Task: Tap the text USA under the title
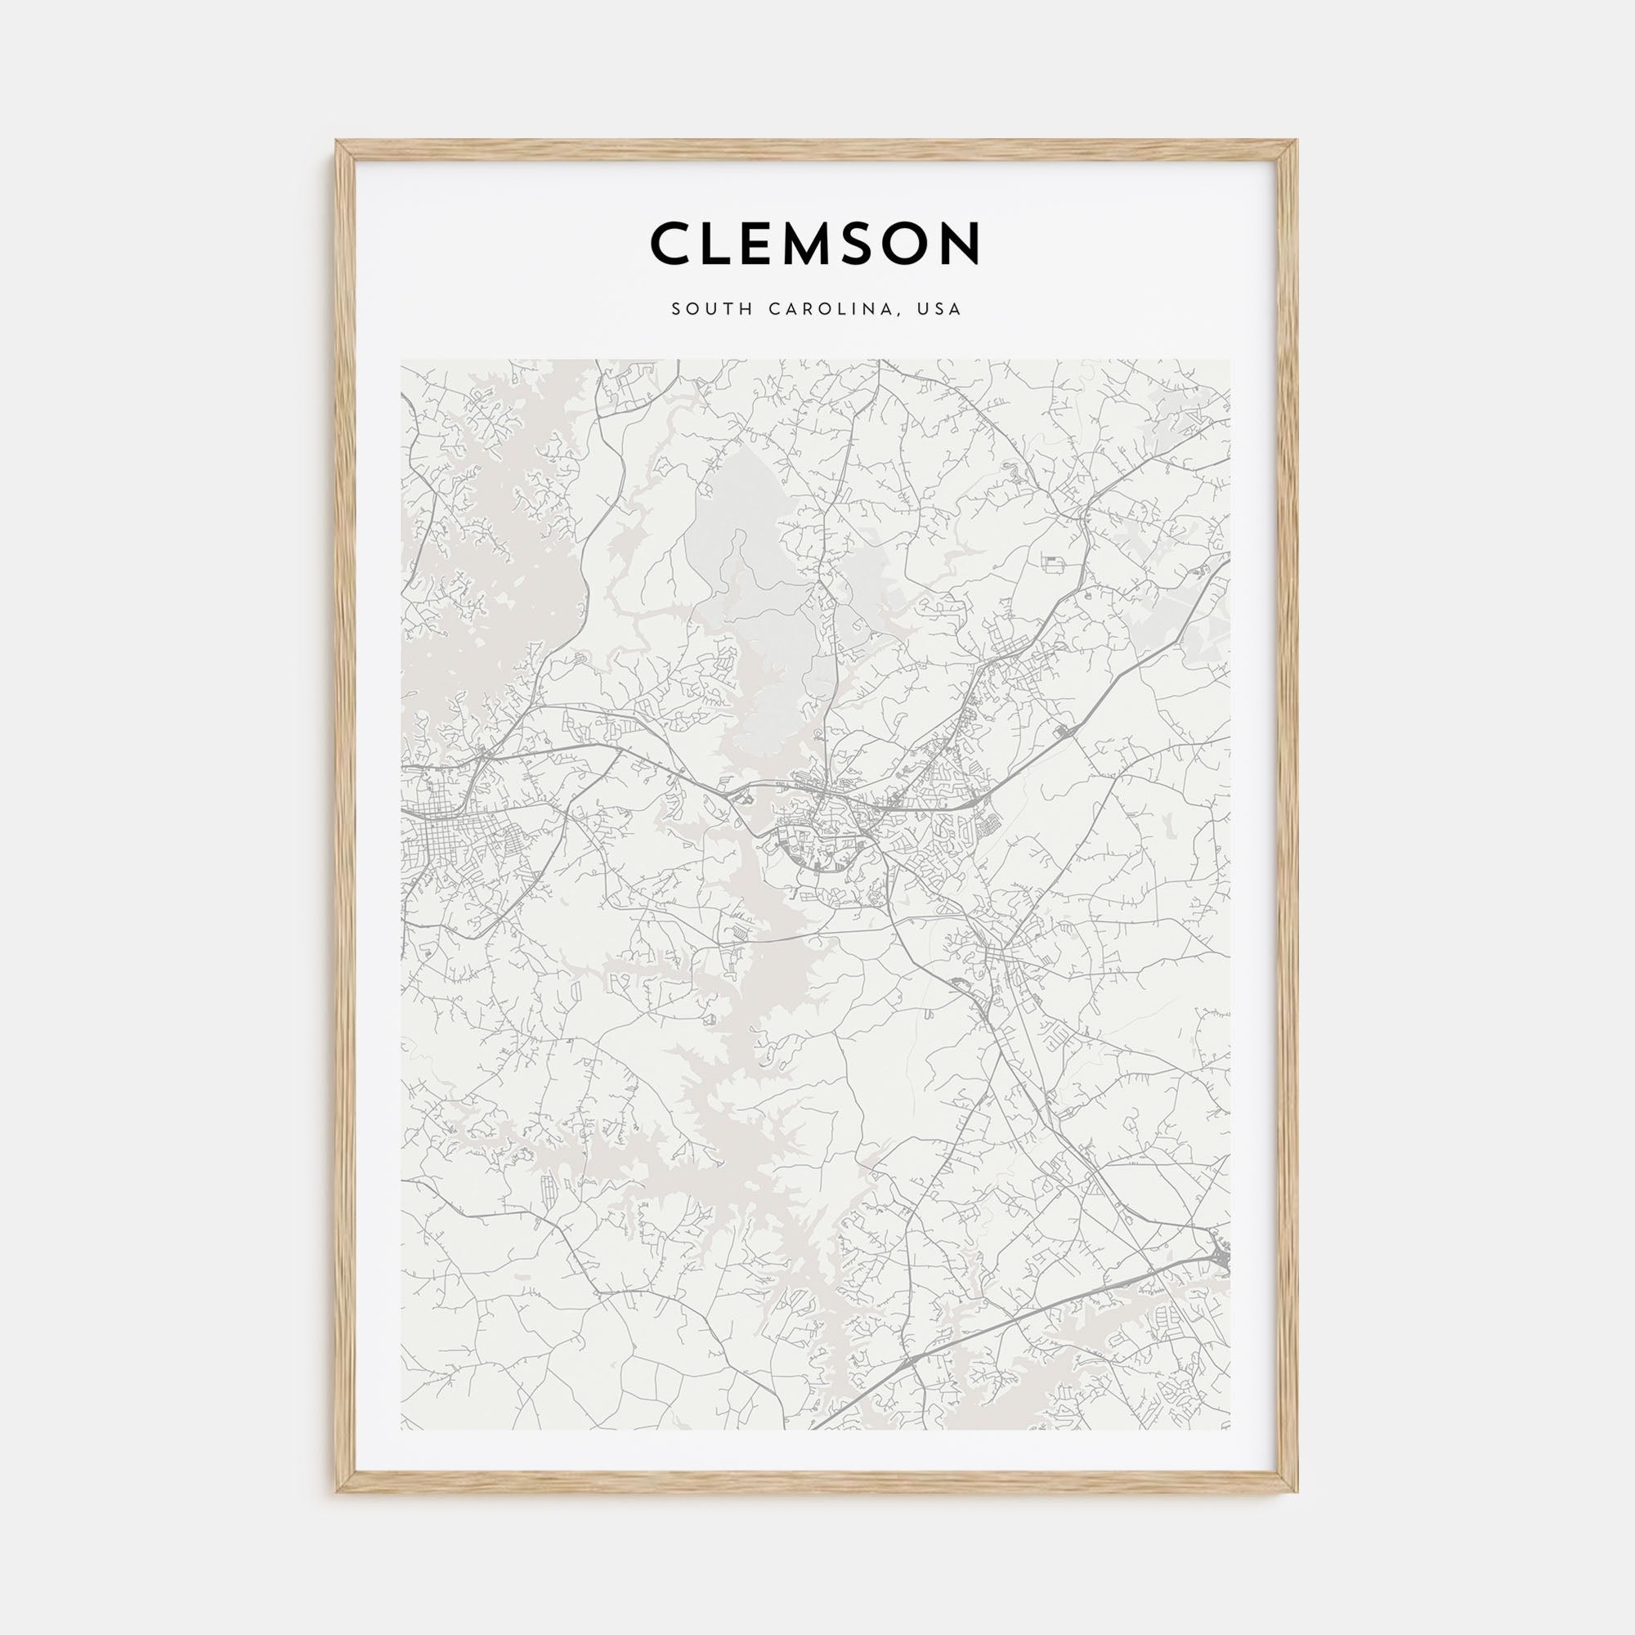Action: click(942, 310)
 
